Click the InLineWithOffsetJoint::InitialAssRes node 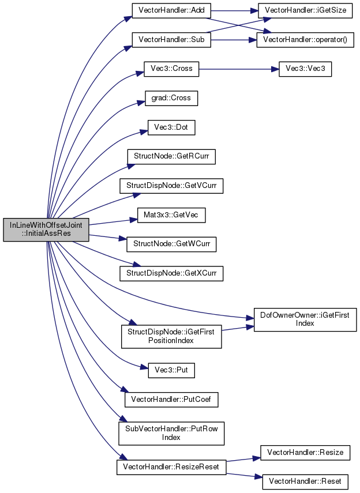[x=46, y=229]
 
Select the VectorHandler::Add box [x=171, y=10]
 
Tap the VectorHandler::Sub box [x=171, y=40]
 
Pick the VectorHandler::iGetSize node [x=305, y=10]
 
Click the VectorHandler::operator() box [x=305, y=40]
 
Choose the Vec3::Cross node [x=171, y=69]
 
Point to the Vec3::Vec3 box [x=305, y=69]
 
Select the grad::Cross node [x=171, y=98]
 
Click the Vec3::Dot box [x=171, y=127]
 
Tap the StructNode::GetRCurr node [x=171, y=157]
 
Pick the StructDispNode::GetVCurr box [x=171, y=186]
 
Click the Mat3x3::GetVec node [x=171, y=215]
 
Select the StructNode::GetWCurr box [x=171, y=244]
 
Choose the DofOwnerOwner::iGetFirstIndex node [x=305, y=319]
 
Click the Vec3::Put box [x=171, y=370]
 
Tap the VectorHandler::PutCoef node [x=171, y=400]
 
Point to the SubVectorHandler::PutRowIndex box [x=171, y=433]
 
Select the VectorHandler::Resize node [x=305, y=453]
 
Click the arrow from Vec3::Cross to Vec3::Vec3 [x=239, y=69]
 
